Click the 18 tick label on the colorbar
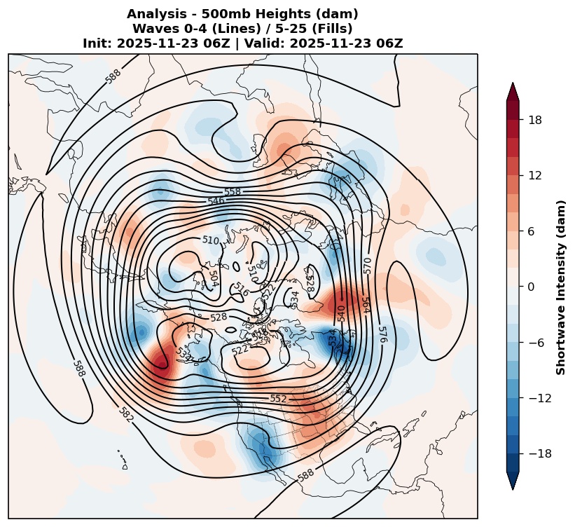click(535, 120)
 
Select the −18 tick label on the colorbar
click(540, 454)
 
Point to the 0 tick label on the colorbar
click(532, 287)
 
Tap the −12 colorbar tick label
click(540, 398)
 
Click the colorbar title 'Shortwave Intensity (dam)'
click(561, 287)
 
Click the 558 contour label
click(232, 191)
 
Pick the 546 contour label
click(216, 201)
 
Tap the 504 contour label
click(214, 278)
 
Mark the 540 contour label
click(341, 313)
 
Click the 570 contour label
click(368, 266)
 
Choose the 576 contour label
click(382, 334)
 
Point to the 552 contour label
click(278, 399)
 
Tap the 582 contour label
click(126, 414)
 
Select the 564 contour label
click(366, 305)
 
